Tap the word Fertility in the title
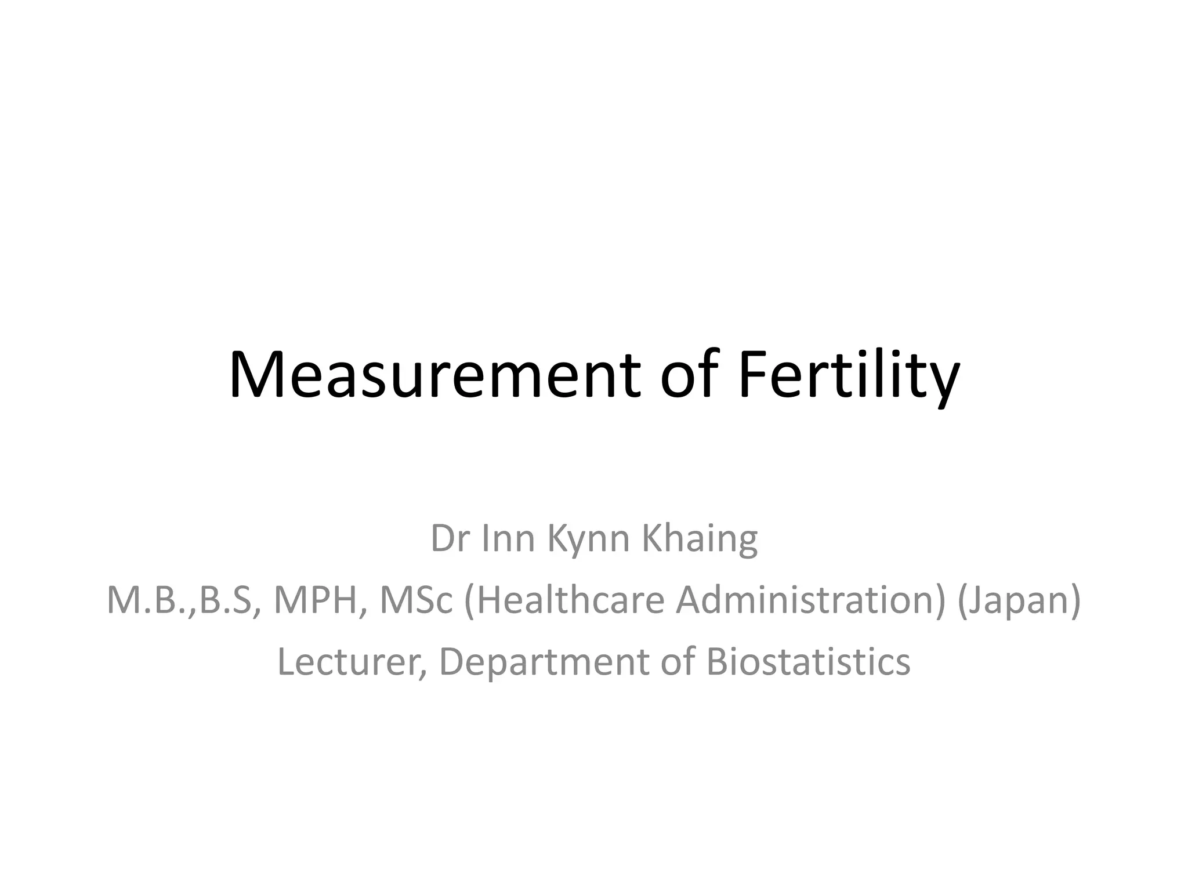click(x=849, y=375)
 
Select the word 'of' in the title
click(x=690, y=375)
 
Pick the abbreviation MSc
click(x=415, y=600)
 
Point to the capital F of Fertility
click(x=752, y=375)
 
